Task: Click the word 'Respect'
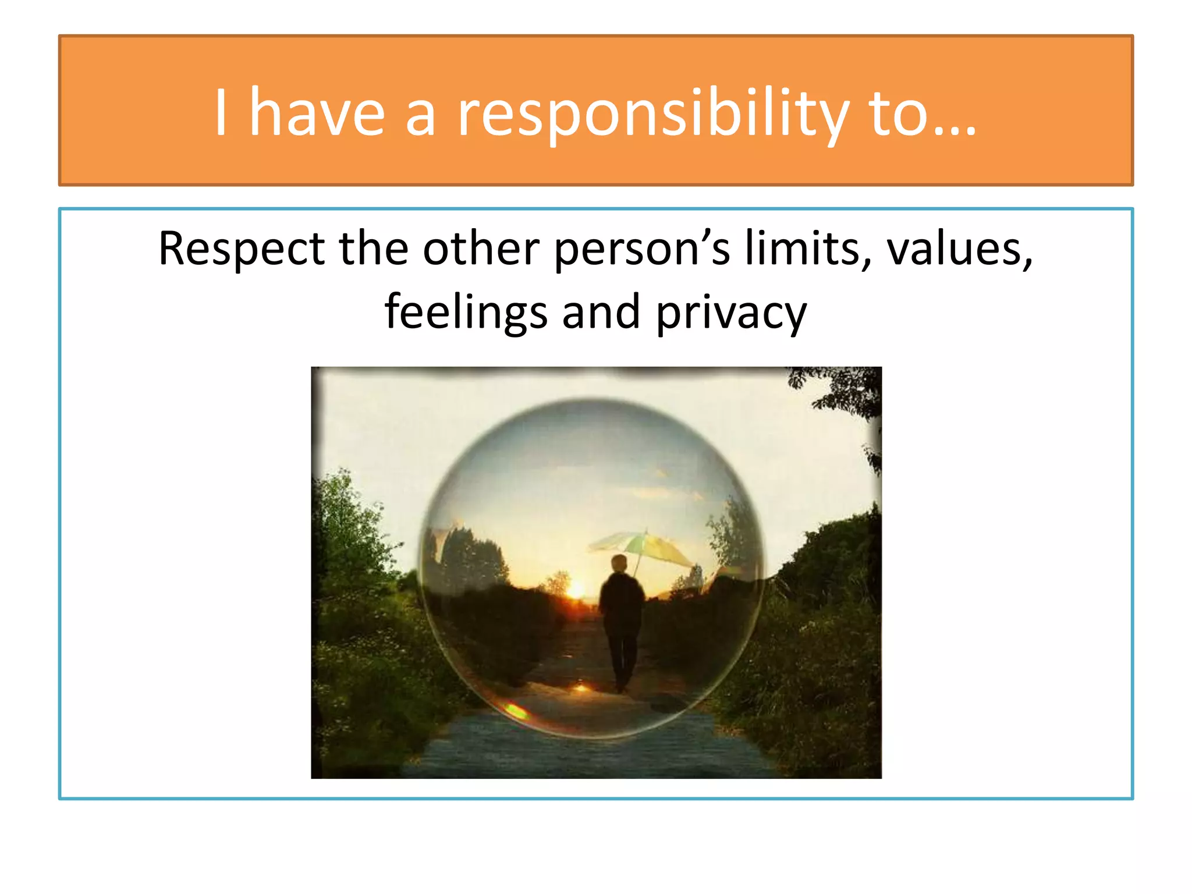[x=241, y=249]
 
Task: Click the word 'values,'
[x=959, y=249]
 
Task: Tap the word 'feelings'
[x=466, y=313]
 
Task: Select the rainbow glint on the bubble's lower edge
[x=515, y=709]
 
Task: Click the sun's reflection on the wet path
[x=580, y=688]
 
